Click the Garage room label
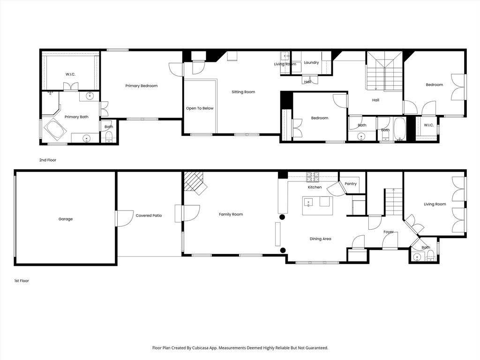click(66, 219)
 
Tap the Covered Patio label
click(149, 216)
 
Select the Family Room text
click(231, 214)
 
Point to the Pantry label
click(351, 184)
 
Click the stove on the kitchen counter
click(313, 177)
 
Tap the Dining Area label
click(320, 239)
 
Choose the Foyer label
click(388, 232)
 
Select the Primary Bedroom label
click(141, 86)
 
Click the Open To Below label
click(200, 108)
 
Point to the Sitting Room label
click(243, 92)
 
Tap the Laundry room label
click(311, 62)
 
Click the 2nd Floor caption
click(47, 160)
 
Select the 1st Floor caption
click(22, 281)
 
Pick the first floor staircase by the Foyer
click(393, 201)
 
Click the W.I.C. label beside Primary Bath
click(70, 75)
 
